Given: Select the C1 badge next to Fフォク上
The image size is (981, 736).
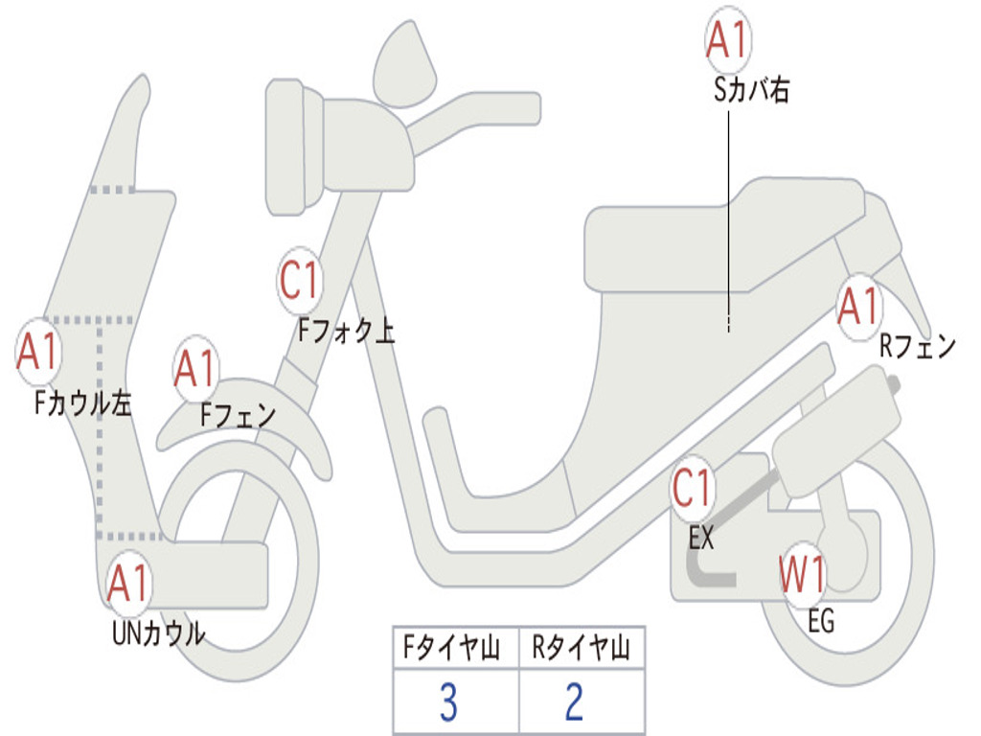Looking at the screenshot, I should (x=299, y=281).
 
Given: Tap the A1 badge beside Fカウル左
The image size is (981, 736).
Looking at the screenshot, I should (x=38, y=353).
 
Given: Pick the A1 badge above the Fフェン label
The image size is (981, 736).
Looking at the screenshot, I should (x=196, y=370).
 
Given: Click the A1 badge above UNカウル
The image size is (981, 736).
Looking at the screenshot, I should (x=128, y=582).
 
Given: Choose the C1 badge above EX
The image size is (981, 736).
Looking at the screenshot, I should (x=692, y=490).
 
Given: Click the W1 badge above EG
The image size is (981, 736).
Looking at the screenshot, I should (x=802, y=576).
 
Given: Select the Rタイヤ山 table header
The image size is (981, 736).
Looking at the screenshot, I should (x=582, y=650).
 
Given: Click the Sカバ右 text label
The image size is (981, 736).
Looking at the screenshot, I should (x=751, y=92).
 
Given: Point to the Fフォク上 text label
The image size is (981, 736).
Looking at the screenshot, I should (x=346, y=332).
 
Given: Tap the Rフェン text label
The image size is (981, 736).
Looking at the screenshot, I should (x=918, y=347).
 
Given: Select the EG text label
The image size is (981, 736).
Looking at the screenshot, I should (x=821, y=621).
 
